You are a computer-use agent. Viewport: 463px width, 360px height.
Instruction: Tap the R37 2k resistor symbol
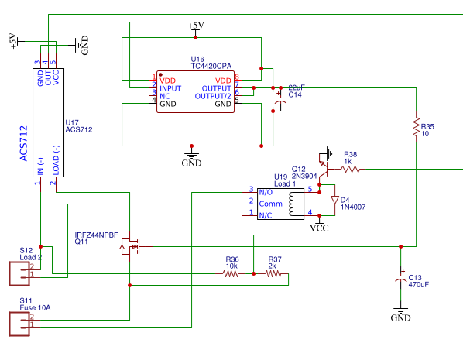(x=274, y=273)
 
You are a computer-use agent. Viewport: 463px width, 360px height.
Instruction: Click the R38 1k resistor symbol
(x=350, y=168)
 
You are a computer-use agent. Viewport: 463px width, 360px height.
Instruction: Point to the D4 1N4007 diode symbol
(x=334, y=201)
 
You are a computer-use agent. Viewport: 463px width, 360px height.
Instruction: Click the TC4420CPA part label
(x=212, y=67)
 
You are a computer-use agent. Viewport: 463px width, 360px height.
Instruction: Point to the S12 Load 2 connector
(x=18, y=273)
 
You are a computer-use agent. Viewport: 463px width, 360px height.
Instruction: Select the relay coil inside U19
(x=292, y=204)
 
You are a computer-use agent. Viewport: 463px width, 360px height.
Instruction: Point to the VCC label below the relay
(x=319, y=228)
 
